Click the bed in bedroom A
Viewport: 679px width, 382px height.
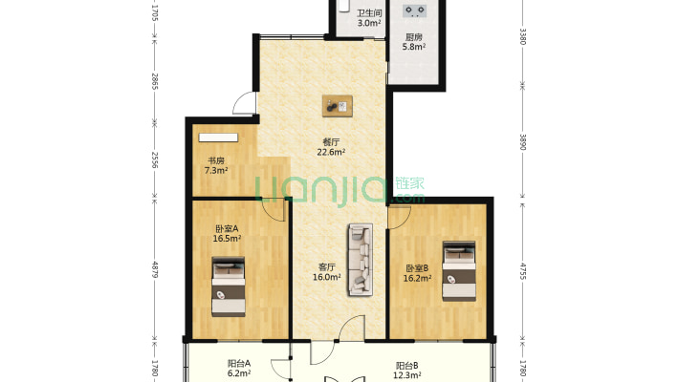pyautogui.click(x=229, y=286)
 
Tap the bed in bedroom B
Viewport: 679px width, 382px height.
pyautogui.click(x=459, y=271)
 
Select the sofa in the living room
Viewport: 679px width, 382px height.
pyautogui.click(x=361, y=260)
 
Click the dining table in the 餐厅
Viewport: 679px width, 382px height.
pyautogui.click(x=338, y=106)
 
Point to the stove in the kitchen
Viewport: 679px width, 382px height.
pyautogui.click(x=414, y=11)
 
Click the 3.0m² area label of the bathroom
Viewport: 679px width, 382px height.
pyautogui.click(x=369, y=23)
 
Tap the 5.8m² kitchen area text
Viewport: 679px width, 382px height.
pyautogui.click(x=413, y=47)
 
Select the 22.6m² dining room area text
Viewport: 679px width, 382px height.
pyautogui.click(x=331, y=152)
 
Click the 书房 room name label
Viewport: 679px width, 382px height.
pyautogui.click(x=215, y=161)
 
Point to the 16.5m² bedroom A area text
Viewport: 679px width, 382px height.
pyautogui.click(x=227, y=239)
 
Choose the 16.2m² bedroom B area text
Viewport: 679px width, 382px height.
pyautogui.click(x=417, y=279)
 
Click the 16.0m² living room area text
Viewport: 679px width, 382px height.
pyautogui.click(x=326, y=277)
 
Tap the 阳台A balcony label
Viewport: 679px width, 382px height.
pyautogui.click(x=239, y=364)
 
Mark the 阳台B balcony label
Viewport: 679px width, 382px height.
pyautogui.click(x=407, y=366)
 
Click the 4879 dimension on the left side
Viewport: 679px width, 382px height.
pyautogui.click(x=155, y=269)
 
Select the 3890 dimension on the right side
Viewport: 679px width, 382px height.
pyautogui.click(x=523, y=142)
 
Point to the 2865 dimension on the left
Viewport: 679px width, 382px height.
pyautogui.click(x=155, y=81)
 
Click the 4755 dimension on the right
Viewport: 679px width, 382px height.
pyautogui.click(x=523, y=271)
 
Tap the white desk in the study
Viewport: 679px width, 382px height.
pyautogui.click(x=218, y=138)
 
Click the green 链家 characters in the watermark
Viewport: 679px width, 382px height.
pyautogui.click(x=409, y=183)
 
